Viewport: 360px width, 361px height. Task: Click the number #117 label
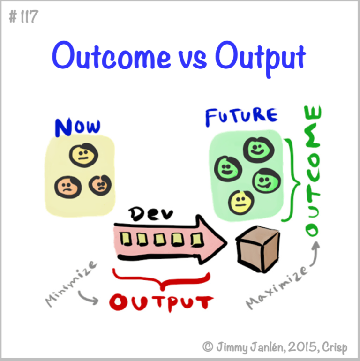[x=23, y=18]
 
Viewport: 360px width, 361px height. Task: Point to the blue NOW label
[x=77, y=127]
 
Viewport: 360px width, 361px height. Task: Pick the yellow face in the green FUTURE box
[x=241, y=202]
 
